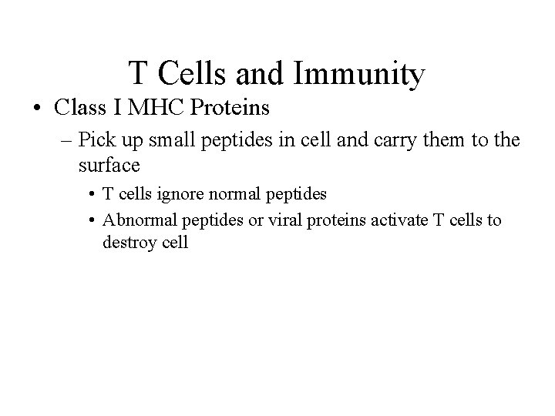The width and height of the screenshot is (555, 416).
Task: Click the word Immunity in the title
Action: click(x=360, y=74)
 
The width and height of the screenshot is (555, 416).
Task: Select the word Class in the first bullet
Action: click(x=79, y=107)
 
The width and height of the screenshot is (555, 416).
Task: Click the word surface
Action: click(x=109, y=165)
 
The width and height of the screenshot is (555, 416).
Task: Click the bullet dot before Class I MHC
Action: click(x=38, y=108)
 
